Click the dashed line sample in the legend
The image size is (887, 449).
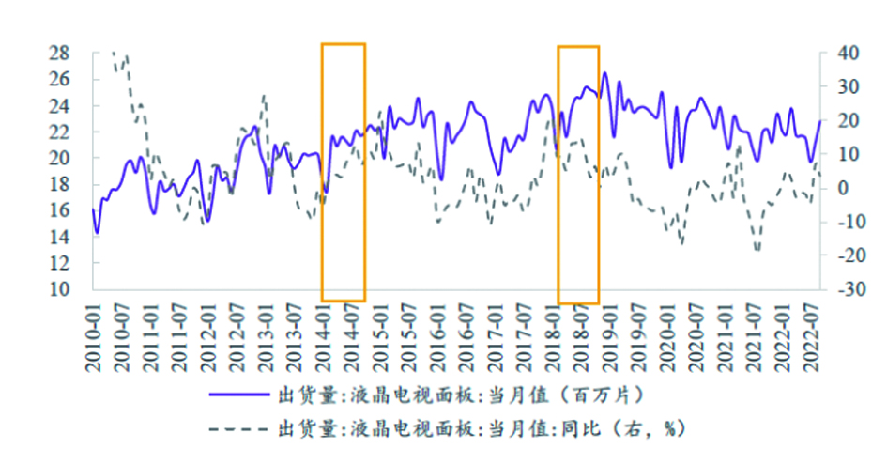click(238, 429)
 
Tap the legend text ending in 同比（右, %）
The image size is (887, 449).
click(479, 429)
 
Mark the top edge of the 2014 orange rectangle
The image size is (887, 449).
click(343, 43)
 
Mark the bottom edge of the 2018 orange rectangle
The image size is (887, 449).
click(578, 302)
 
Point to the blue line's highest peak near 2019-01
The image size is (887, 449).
click(604, 72)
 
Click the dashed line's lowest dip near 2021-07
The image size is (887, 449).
click(757, 251)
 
